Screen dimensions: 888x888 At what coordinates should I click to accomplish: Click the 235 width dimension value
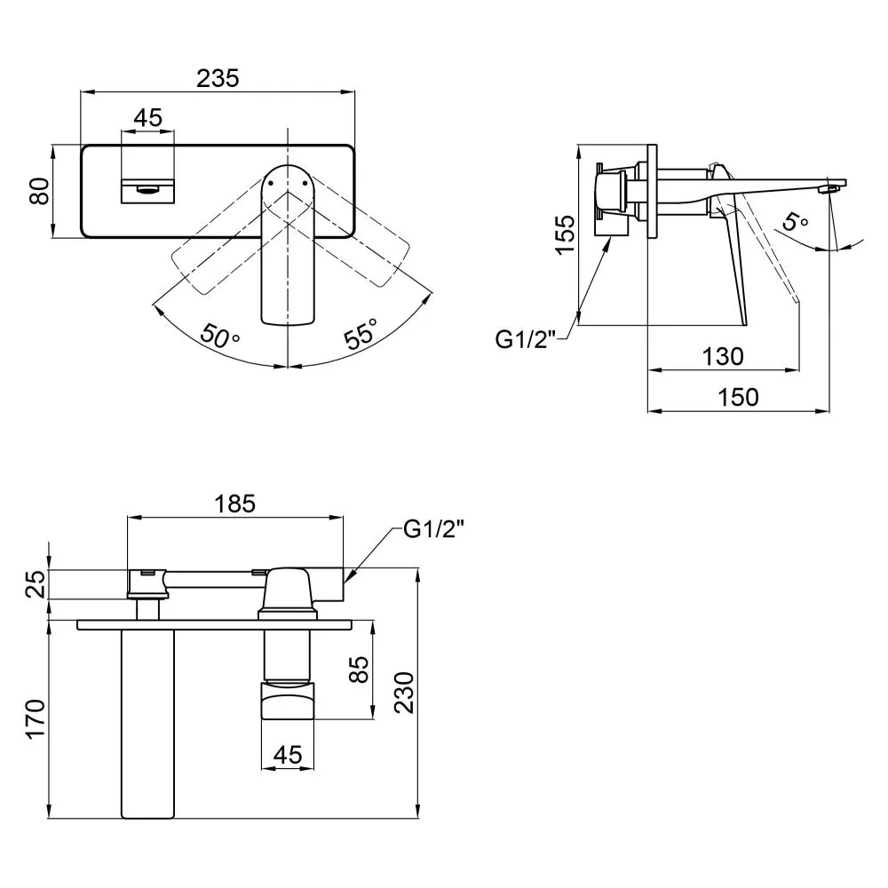(x=218, y=78)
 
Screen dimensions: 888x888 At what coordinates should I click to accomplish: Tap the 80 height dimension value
(x=40, y=191)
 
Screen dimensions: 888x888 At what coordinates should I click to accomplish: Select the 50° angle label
(x=219, y=336)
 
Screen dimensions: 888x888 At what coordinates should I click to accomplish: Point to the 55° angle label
(x=361, y=333)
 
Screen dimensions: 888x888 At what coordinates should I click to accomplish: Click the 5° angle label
(x=795, y=221)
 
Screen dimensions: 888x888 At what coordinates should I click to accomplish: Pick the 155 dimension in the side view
(x=565, y=235)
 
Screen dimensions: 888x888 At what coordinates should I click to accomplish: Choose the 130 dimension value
(x=723, y=357)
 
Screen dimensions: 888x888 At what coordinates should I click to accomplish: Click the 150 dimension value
(x=739, y=397)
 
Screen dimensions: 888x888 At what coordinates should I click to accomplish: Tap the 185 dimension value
(x=235, y=503)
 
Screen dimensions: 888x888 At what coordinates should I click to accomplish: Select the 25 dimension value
(x=36, y=584)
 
